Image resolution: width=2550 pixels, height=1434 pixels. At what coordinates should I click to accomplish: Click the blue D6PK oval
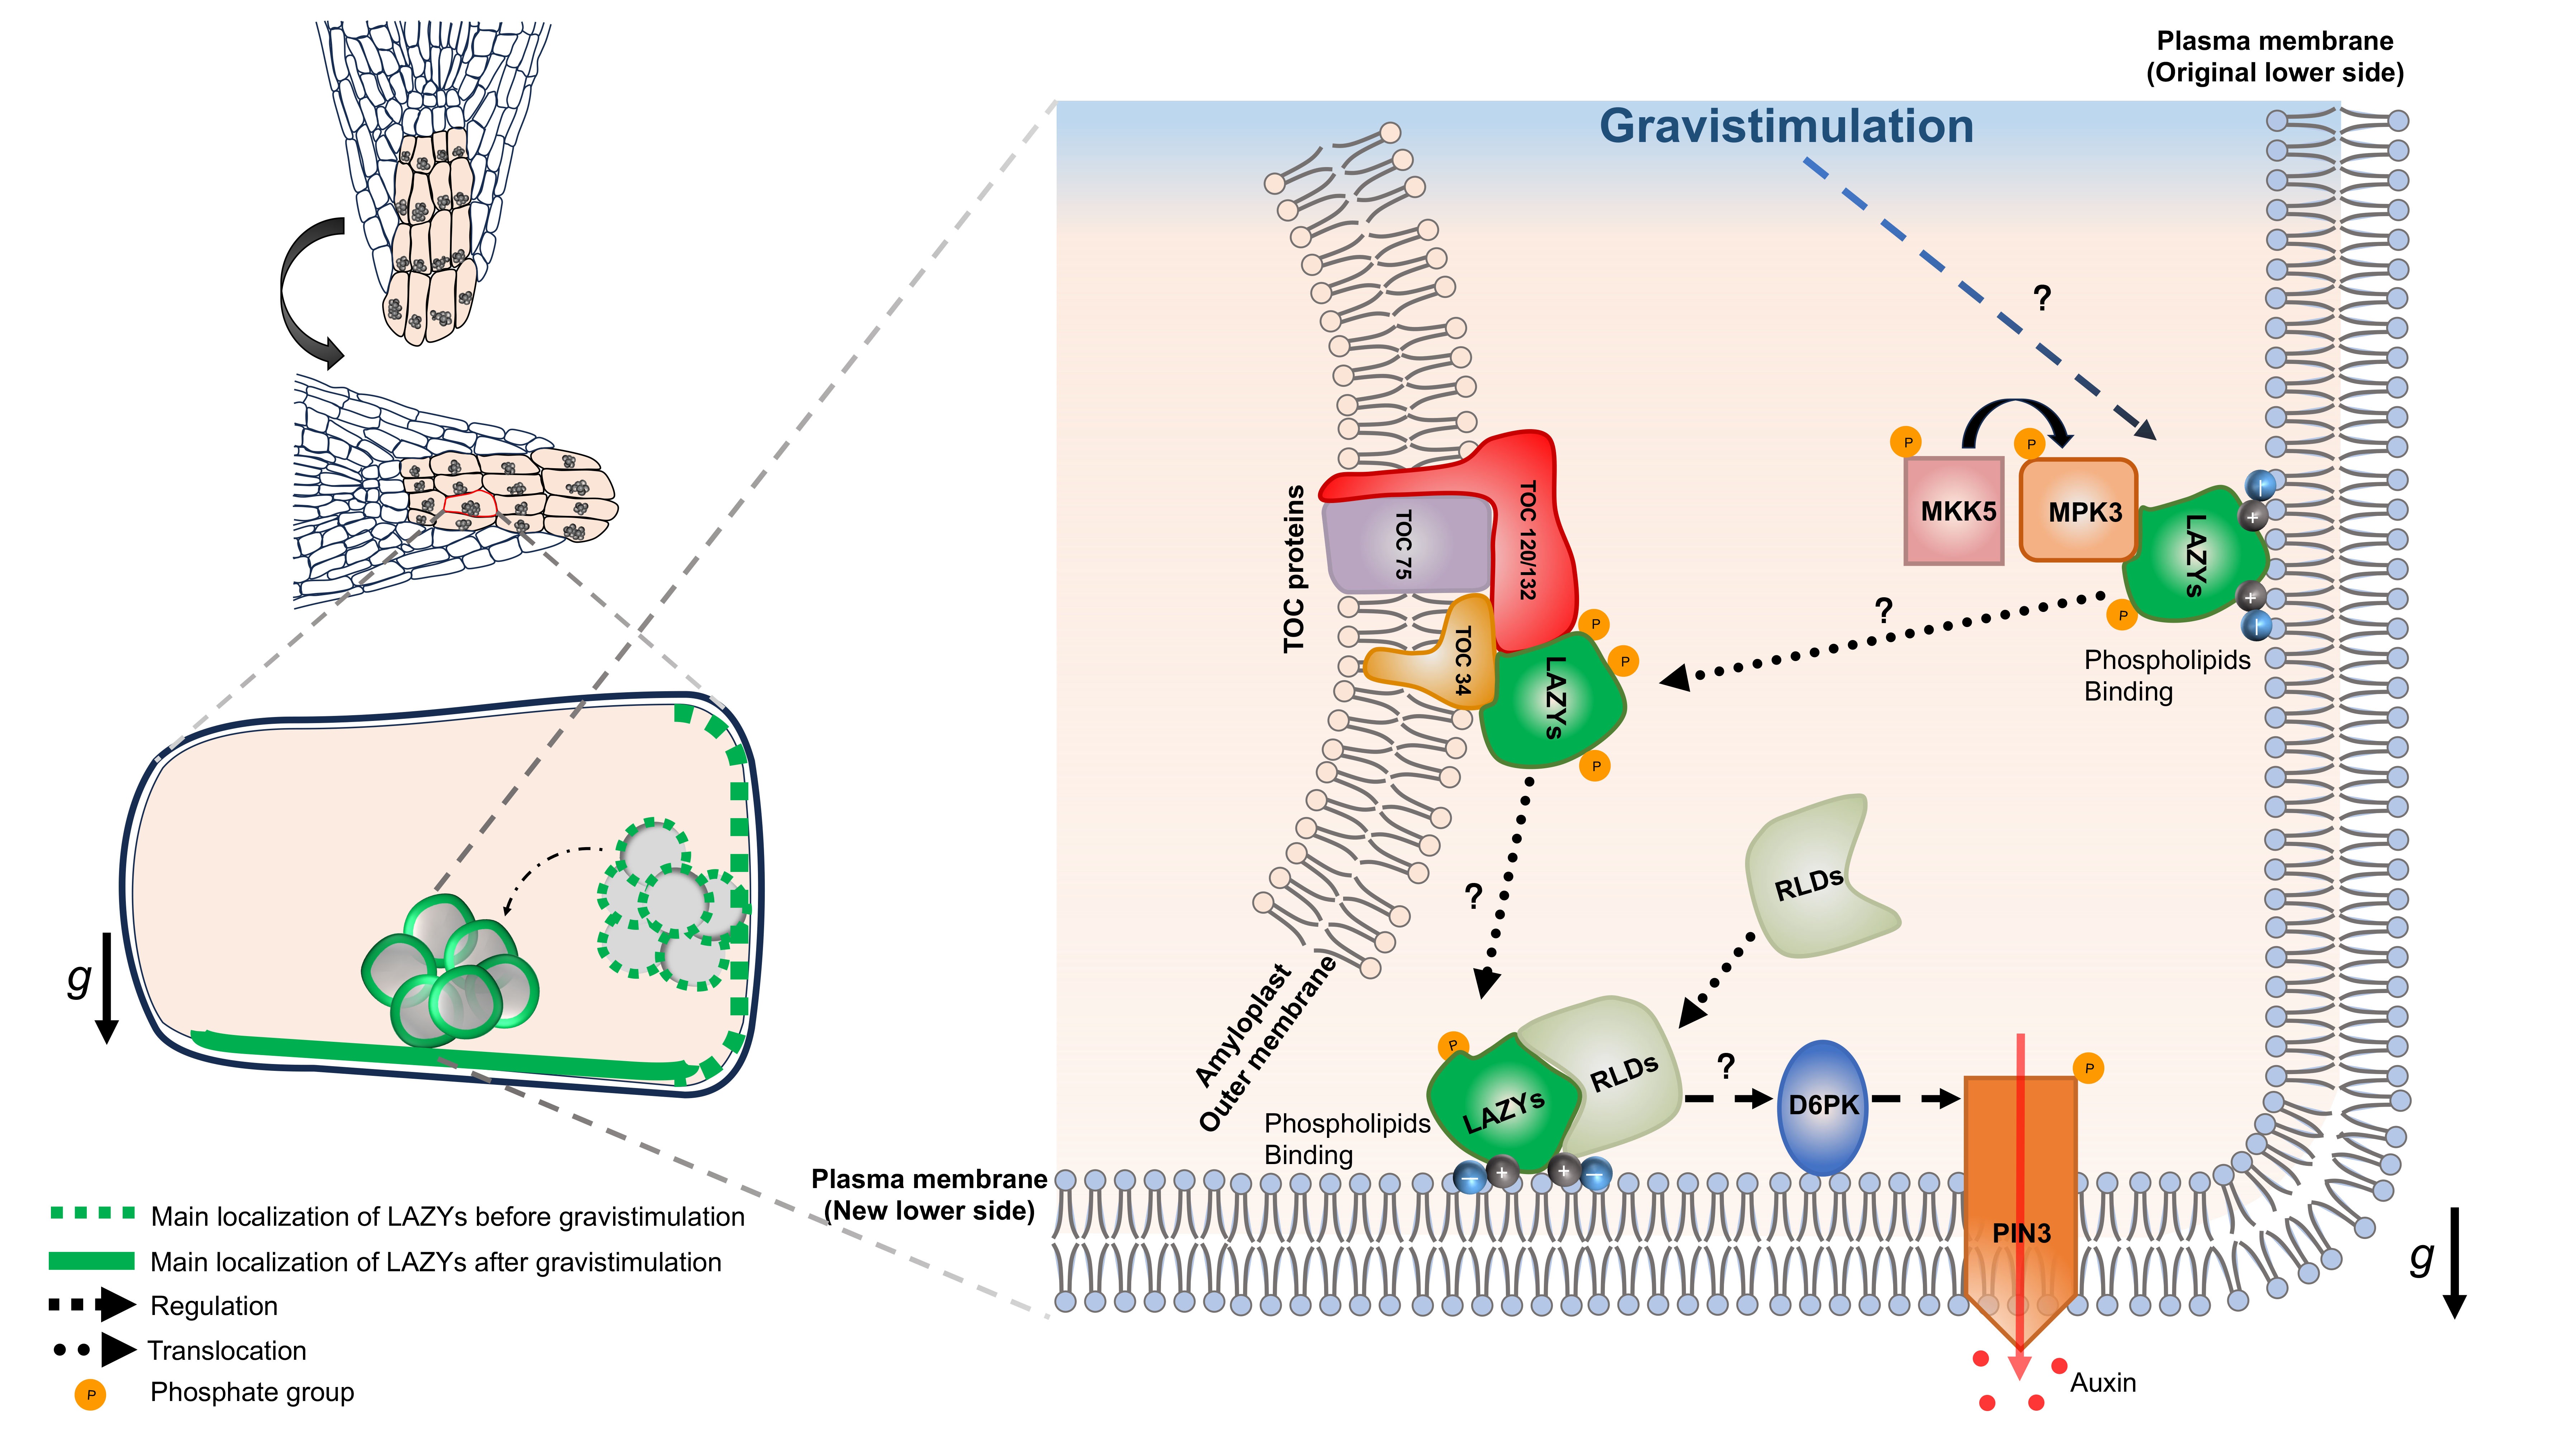tap(1824, 1106)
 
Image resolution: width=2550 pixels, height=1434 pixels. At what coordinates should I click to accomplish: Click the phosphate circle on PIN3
tap(2089, 1069)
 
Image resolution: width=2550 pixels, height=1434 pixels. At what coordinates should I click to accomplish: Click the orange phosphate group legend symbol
tap(90, 1395)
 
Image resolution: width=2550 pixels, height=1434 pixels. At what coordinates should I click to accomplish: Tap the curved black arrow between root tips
tap(302, 292)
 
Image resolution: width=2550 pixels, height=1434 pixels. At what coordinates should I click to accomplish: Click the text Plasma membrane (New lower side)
tap(929, 1195)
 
